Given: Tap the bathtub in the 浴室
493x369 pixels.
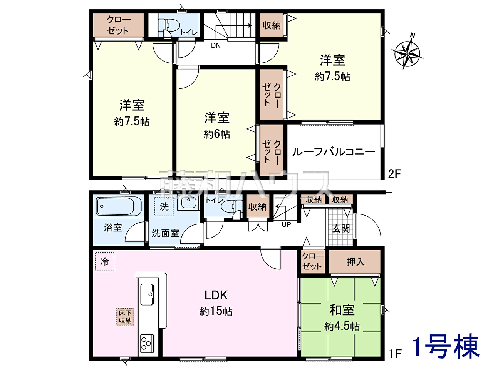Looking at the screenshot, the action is (119, 206).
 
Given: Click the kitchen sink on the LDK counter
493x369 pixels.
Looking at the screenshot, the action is (147, 294).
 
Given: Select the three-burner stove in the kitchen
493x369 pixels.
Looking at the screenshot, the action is (147, 342).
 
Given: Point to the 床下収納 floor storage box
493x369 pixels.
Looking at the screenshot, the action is (125, 317).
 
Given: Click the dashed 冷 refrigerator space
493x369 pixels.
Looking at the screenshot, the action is (104, 261).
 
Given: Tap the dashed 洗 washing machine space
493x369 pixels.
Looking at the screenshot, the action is (164, 206).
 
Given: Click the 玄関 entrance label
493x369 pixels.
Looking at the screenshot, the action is (341, 229).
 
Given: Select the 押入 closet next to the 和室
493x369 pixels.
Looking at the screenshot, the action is (355, 262).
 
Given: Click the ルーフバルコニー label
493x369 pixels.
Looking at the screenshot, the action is (334, 152).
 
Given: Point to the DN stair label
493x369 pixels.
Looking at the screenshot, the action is (216, 46).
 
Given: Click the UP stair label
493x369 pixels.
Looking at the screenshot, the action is (287, 224).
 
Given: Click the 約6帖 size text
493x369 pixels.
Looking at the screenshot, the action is (217, 134).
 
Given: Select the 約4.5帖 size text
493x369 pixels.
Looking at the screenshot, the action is (342, 326).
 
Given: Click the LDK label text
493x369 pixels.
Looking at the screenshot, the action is (216, 295).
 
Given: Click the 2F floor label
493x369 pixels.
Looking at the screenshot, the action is (395, 174).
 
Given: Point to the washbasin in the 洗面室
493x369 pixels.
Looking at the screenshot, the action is (188, 202).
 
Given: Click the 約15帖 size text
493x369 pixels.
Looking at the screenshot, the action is (216, 311).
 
